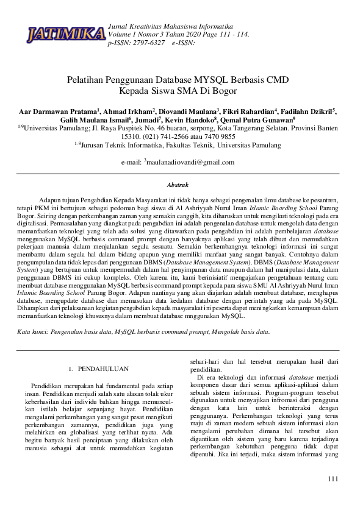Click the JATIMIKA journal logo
click(66, 35)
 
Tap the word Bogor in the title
click(223, 91)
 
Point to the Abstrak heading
click(178, 184)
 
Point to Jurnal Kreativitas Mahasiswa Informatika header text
click(170, 27)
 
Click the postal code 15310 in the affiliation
click(131, 137)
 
